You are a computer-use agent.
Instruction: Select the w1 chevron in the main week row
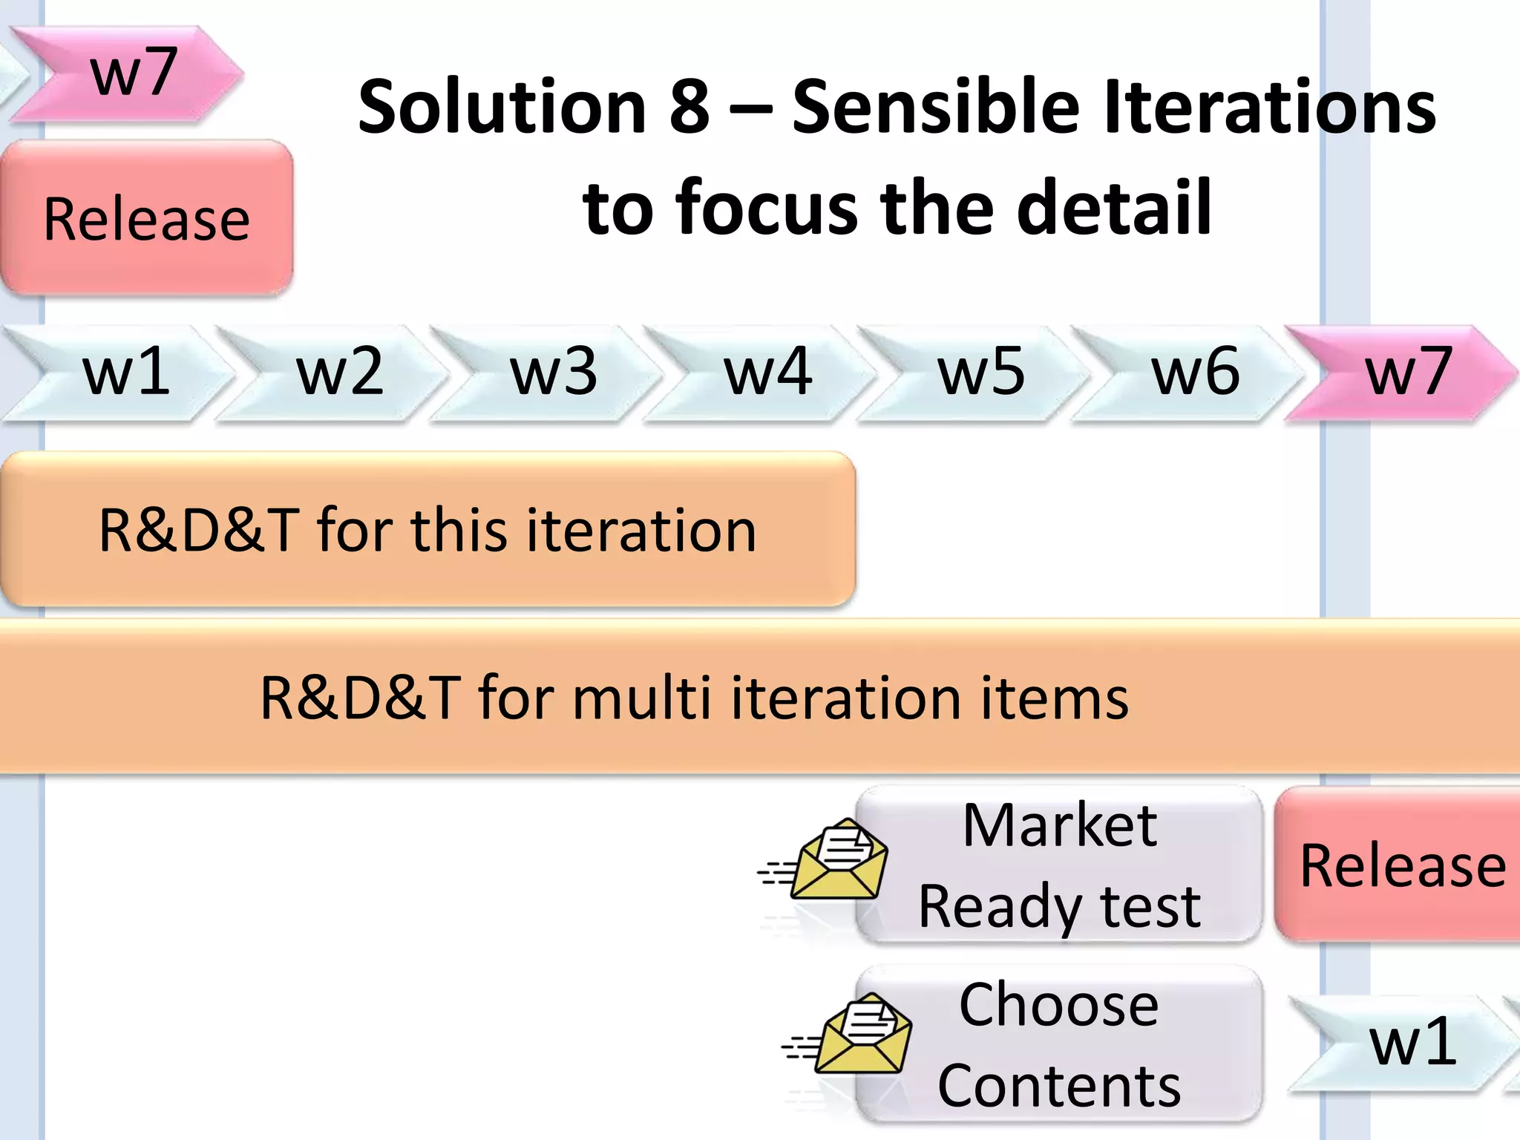tap(119, 373)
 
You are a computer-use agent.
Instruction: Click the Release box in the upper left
tap(146, 218)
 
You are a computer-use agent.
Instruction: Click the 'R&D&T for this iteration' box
tap(427, 530)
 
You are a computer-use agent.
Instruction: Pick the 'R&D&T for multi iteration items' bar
tap(760, 698)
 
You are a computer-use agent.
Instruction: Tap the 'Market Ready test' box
tap(1060, 865)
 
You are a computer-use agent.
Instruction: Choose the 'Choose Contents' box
tap(1060, 1045)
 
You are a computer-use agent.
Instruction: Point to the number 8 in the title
tap(689, 108)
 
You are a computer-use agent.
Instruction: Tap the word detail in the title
tap(1113, 208)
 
